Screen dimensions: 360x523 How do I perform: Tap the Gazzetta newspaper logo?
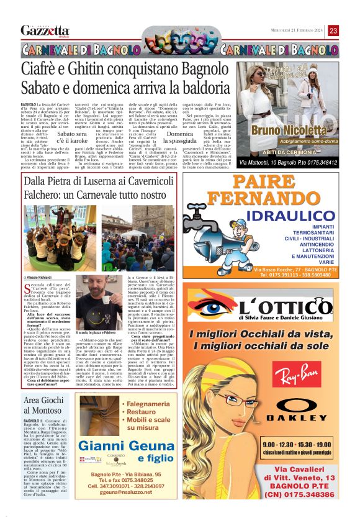tap(45, 30)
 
